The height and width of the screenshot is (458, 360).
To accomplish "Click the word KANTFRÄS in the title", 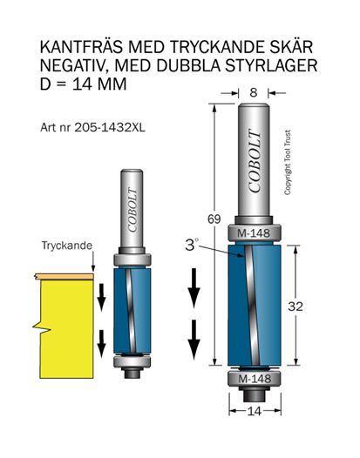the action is click(82, 47).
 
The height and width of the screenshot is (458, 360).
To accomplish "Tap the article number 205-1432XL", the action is click(110, 127).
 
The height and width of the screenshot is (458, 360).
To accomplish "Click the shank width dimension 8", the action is click(254, 92).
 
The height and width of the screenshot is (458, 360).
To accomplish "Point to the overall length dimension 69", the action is click(214, 219).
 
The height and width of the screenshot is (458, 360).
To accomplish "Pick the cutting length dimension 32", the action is click(295, 306).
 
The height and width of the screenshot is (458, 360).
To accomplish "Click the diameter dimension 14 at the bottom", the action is click(255, 411).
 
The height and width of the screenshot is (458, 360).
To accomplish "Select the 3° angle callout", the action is click(192, 245).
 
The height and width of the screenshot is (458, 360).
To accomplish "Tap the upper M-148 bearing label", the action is click(254, 233).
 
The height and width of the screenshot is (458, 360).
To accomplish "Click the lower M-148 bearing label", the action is click(255, 379).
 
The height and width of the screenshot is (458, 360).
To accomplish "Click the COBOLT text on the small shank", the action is click(132, 210).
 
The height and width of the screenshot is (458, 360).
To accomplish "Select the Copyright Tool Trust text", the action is click(288, 163).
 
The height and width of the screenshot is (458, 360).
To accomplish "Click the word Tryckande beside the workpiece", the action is click(67, 246).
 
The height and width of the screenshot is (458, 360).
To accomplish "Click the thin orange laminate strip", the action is click(65, 276).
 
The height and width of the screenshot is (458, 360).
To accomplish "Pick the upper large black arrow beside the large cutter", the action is click(194, 288).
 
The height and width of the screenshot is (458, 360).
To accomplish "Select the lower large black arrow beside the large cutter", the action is click(194, 340).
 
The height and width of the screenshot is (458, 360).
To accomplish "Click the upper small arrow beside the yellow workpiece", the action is click(101, 297).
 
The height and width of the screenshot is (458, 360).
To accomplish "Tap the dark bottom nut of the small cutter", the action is click(132, 373).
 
